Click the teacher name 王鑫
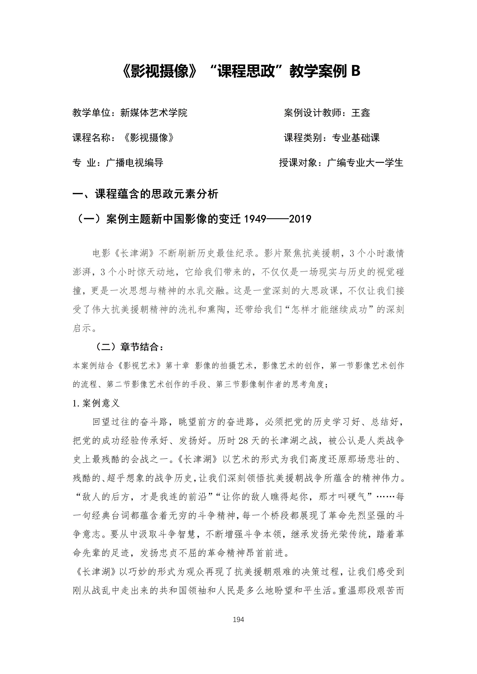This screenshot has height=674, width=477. pyautogui.click(x=361, y=113)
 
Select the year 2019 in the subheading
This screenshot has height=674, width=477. pyautogui.click(x=300, y=219)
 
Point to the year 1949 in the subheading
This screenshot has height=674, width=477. pyautogui.click(x=255, y=219)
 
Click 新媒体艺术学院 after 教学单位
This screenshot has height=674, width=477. pyautogui.click(x=154, y=113)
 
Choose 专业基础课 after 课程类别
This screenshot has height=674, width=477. pyautogui.click(x=356, y=138)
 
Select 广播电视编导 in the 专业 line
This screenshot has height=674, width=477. pyautogui.click(x=135, y=163)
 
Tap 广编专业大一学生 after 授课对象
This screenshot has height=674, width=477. pyautogui.click(x=365, y=163)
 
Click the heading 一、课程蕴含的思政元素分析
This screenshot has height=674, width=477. pyautogui.click(x=145, y=194)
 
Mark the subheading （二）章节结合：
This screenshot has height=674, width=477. pyautogui.click(x=129, y=347)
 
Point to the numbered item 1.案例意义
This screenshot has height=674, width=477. pyautogui.click(x=96, y=403)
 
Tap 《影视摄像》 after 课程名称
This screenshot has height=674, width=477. pyautogui.click(x=149, y=138)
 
